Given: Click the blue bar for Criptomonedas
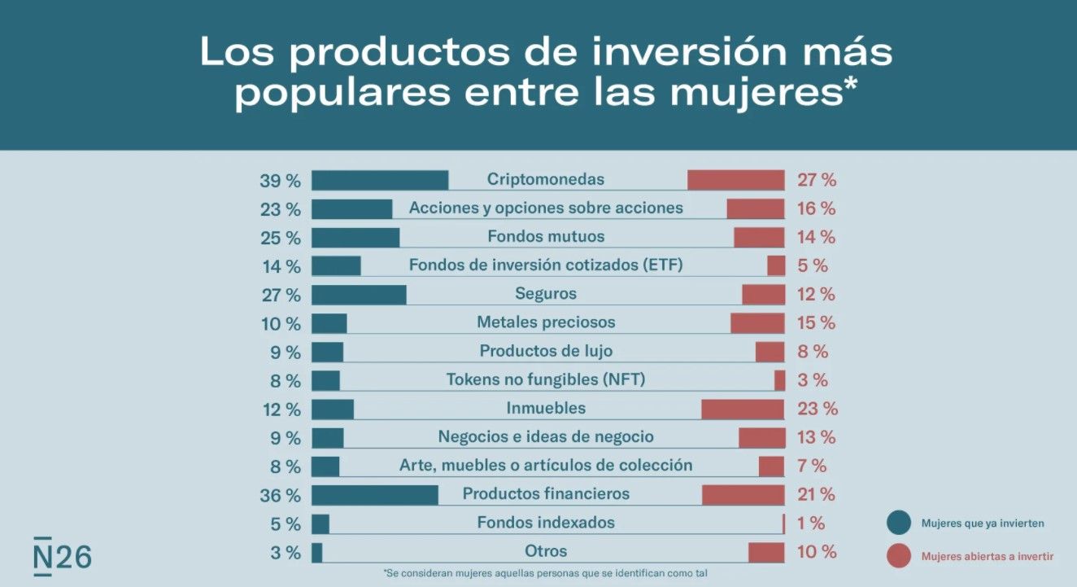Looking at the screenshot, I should [380, 180].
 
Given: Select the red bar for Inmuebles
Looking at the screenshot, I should [743, 409].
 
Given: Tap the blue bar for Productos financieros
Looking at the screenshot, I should [375, 494].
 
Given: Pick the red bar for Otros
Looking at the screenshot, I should [766, 552].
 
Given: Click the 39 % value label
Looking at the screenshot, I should [281, 181].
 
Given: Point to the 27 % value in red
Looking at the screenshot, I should [816, 181].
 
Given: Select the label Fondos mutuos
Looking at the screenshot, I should [546, 237].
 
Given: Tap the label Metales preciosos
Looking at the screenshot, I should [546, 322].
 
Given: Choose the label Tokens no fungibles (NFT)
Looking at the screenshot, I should [546, 379].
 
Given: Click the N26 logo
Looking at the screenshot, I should [62, 556].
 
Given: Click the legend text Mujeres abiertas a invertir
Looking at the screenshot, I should [988, 557].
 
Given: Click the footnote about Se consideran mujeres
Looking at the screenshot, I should [545, 573].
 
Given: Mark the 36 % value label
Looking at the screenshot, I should [281, 495].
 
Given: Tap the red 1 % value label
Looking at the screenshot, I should [811, 523].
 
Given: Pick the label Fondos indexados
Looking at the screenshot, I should [546, 523].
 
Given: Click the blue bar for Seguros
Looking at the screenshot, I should [359, 294].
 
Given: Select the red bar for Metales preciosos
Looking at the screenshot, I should [757, 323].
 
